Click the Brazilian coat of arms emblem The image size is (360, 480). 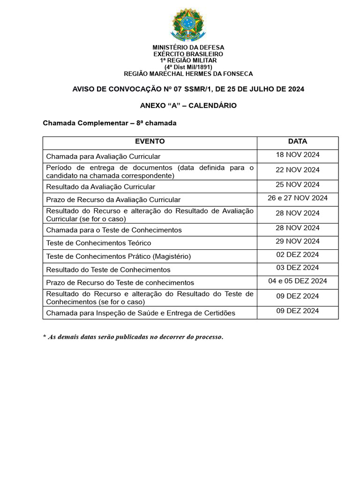pos(188,24)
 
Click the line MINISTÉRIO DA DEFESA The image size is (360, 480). pos(188,47)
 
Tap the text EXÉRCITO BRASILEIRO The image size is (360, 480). pos(188,54)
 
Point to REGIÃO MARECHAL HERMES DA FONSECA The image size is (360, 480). pos(188,74)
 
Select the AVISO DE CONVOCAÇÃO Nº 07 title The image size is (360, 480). pos(188,89)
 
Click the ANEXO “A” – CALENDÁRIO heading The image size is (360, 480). pos(188,105)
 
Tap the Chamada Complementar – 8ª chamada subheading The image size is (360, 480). pos(109,123)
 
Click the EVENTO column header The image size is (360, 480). pos(150,142)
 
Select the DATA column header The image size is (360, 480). pos(297,142)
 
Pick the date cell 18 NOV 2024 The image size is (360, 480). pos(297,155)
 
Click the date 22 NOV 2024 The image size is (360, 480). pos(297,170)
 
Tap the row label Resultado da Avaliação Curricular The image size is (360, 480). pos(100,187)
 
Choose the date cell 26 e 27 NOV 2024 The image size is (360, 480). pos(297,198)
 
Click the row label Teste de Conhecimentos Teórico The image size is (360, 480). pos(98,243)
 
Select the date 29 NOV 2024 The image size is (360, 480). pos(297,241)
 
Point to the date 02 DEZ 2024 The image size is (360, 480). pos(297,255)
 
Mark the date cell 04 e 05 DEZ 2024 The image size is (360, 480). pos(297,281)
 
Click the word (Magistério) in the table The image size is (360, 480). pos(170,256)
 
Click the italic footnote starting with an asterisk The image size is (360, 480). pos(133,337)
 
